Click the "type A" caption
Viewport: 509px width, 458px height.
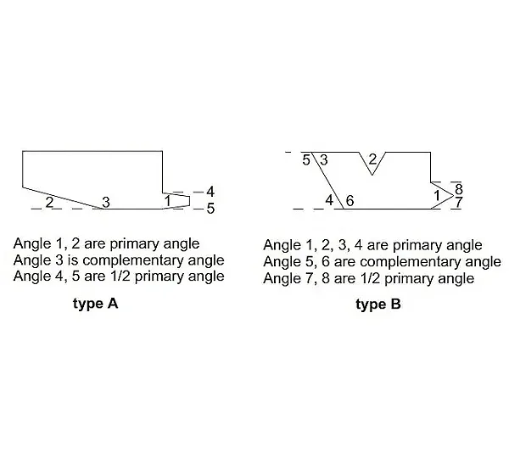[95, 304]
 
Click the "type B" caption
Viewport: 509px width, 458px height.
[378, 304]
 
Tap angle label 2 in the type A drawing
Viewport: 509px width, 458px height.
[49, 202]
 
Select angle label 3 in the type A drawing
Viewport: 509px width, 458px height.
[106, 202]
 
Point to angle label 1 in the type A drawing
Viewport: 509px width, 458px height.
[167, 201]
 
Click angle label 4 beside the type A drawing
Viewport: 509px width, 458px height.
[210, 192]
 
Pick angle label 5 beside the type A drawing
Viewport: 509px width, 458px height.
[210, 209]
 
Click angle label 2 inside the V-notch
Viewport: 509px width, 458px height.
[372, 159]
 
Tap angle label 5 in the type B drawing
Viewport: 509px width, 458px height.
[306, 160]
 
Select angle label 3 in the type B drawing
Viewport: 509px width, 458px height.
[324, 160]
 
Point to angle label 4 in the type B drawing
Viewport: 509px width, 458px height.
[329, 200]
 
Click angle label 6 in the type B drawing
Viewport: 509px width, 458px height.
[350, 201]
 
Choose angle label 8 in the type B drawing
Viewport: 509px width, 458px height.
[459, 188]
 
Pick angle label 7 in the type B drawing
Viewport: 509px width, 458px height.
[458, 202]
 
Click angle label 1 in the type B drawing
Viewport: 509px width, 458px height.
[437, 196]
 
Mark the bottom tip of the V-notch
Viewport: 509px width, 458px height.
[372, 175]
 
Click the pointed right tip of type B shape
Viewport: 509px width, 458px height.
[453, 195]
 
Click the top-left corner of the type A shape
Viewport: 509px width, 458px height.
[23, 151]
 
